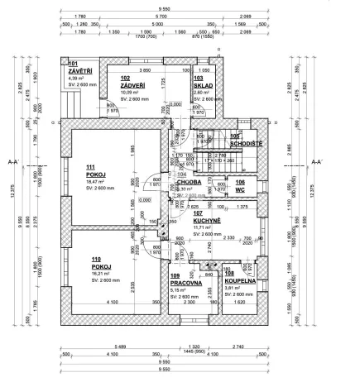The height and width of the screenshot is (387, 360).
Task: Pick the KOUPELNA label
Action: coord(240,281)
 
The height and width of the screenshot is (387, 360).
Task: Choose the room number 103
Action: coord(199,79)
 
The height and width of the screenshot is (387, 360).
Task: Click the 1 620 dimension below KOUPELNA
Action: coord(242,303)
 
